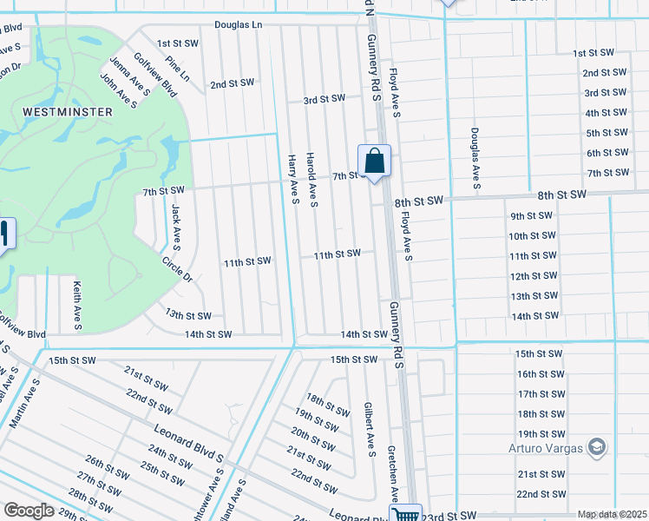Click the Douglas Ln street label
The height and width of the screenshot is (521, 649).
(x=238, y=25)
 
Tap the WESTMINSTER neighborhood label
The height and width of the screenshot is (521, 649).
(x=68, y=112)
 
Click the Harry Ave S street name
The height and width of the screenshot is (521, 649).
(x=293, y=180)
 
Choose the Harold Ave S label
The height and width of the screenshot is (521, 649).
(x=311, y=180)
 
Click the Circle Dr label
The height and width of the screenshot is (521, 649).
(x=177, y=268)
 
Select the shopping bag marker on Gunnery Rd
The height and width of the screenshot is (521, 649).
(x=374, y=162)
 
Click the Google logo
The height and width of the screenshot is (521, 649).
(x=29, y=511)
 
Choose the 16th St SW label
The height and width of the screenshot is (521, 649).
(x=540, y=373)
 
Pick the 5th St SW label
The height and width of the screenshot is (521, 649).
(x=606, y=133)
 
